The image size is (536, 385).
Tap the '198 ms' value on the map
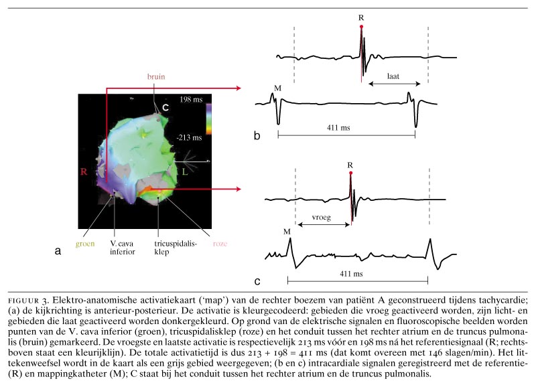[x=192, y=99]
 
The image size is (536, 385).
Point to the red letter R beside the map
[x=84, y=171]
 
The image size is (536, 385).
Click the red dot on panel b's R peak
[x=361, y=26]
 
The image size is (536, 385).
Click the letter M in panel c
[x=287, y=231]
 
